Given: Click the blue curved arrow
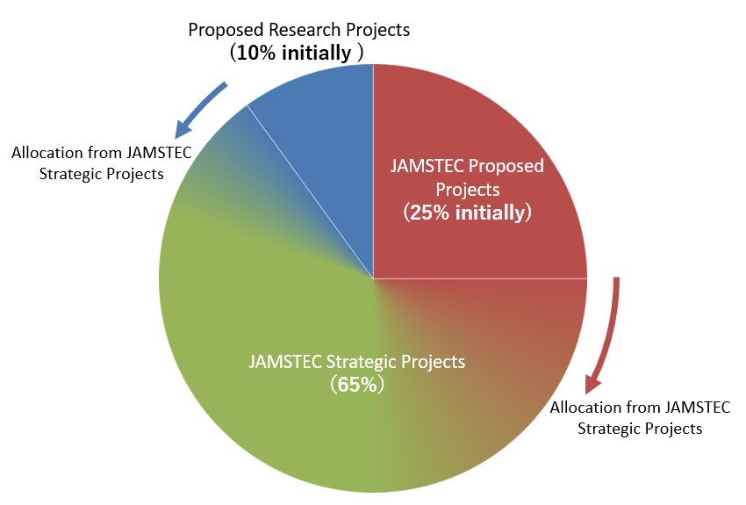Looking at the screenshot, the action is point(201,110).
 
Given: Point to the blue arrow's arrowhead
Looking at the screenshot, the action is point(183,129).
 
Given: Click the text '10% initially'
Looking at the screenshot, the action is point(293,53).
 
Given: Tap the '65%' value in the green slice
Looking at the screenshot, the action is point(357,384).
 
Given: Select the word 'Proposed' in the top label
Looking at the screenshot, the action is point(226,31).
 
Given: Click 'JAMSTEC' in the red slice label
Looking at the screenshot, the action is point(427,166).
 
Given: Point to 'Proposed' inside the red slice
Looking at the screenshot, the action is point(506,167).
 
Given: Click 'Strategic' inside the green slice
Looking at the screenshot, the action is point(362,362).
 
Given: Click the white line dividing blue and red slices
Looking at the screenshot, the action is point(374,171).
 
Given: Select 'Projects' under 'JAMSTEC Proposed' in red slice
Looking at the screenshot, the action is point(467,190).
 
